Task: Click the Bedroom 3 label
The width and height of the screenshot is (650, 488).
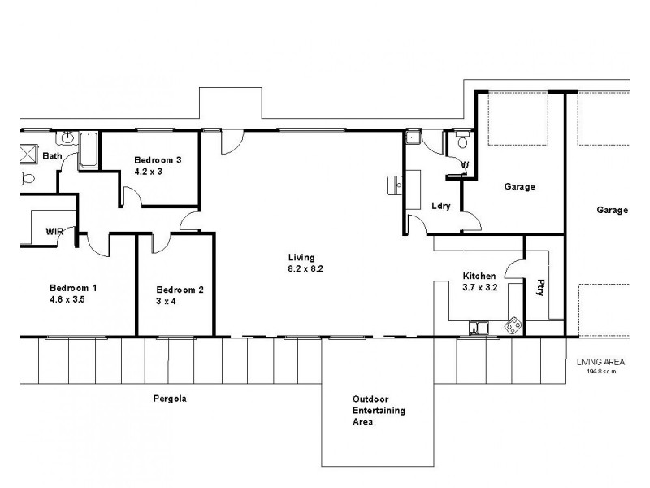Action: click(158, 160)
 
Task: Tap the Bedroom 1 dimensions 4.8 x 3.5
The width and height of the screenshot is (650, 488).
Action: click(67, 299)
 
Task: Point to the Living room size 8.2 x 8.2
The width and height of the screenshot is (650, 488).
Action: click(305, 268)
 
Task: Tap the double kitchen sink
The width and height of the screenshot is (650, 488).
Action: click(477, 328)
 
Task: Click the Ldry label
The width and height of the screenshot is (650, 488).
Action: click(441, 206)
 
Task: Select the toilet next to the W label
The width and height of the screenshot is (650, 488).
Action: click(463, 142)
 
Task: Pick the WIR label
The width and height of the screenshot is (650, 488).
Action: click(54, 232)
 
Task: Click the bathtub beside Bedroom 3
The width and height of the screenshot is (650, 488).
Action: click(88, 152)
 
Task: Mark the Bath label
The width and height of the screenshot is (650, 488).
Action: click(52, 155)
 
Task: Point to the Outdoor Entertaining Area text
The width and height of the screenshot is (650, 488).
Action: click(379, 411)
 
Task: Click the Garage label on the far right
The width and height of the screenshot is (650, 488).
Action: click(613, 210)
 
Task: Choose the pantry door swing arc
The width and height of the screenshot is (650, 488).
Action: click(513, 266)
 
